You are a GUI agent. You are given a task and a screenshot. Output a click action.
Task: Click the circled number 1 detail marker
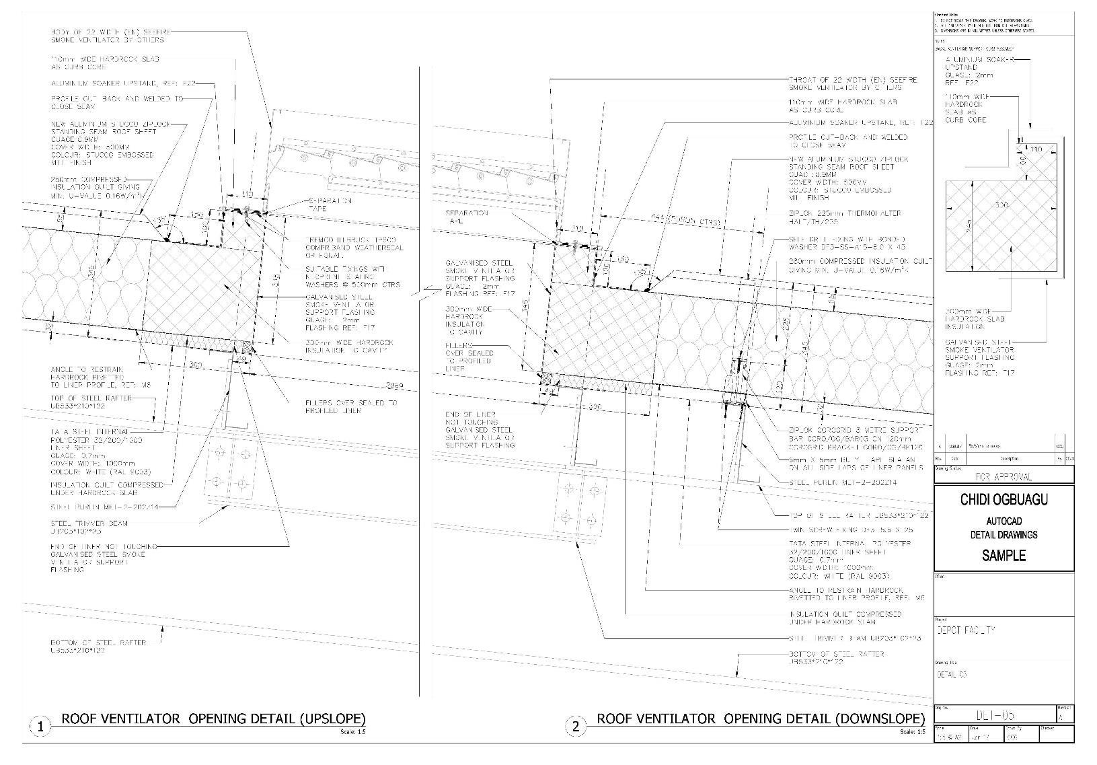[41, 727]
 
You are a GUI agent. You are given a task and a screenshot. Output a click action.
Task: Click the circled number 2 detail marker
[576, 727]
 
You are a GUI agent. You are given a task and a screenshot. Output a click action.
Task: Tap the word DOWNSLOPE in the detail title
[879, 719]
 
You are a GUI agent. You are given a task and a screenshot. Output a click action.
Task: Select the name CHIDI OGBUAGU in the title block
[1004, 500]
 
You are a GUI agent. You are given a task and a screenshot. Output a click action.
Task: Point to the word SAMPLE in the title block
[1004, 556]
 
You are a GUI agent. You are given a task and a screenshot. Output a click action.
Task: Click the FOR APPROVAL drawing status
[1004, 476]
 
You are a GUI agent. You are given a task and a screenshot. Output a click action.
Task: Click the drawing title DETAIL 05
[951, 674]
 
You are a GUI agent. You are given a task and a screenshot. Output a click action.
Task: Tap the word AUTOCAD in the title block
[1004, 521]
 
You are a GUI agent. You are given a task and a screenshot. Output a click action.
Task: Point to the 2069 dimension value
[398, 386]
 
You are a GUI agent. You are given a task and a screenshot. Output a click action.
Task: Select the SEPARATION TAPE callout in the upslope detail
[330, 205]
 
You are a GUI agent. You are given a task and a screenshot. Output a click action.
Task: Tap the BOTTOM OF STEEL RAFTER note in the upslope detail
[98, 647]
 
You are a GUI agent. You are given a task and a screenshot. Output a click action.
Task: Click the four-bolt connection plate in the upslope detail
[230, 468]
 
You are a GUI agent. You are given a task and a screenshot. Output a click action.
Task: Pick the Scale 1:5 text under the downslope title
[913, 732]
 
